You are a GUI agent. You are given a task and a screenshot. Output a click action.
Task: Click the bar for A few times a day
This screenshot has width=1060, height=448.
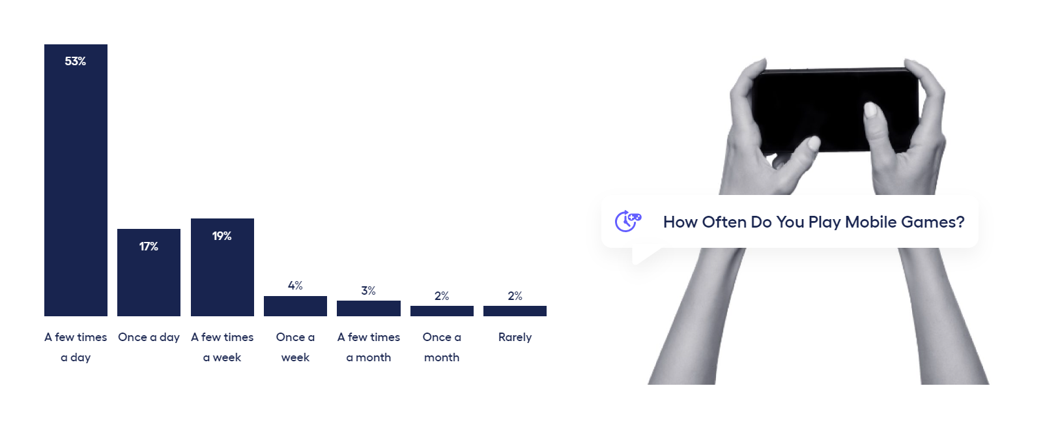(x=76, y=180)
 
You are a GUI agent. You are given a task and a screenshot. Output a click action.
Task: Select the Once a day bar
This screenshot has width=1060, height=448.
(x=149, y=273)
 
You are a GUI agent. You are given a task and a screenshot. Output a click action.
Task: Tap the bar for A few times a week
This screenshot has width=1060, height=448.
(x=222, y=267)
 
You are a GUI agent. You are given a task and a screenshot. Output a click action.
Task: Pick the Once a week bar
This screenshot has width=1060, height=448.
(x=295, y=306)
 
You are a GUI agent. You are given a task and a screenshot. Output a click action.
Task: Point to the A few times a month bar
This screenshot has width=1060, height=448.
(x=369, y=308)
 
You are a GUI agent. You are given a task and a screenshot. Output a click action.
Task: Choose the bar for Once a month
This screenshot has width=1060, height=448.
(x=442, y=310)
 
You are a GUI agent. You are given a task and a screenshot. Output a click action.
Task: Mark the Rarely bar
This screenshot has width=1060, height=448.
(x=515, y=310)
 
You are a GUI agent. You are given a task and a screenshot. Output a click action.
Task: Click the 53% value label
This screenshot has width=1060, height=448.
(x=76, y=61)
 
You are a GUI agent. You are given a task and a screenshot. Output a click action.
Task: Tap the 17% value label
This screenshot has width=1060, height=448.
(x=149, y=246)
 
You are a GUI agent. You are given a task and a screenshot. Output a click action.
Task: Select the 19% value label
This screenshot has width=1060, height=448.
(x=222, y=236)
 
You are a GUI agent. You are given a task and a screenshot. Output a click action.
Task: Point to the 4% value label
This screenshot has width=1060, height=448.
(x=295, y=285)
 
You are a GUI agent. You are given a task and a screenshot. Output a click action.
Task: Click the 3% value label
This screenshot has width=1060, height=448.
(x=369, y=290)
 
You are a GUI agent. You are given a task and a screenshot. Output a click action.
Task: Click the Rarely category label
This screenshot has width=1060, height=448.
(x=515, y=337)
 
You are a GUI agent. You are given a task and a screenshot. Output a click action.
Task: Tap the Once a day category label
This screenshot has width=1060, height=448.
(x=149, y=337)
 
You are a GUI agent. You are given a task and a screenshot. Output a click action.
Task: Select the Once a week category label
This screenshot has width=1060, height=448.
(x=295, y=347)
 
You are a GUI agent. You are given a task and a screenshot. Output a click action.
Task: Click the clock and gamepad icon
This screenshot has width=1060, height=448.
(x=628, y=221)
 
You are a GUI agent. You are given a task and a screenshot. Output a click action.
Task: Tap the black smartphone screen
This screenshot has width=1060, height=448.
(x=836, y=110)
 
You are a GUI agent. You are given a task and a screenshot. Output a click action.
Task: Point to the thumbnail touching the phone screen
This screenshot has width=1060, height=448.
(x=870, y=110)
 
